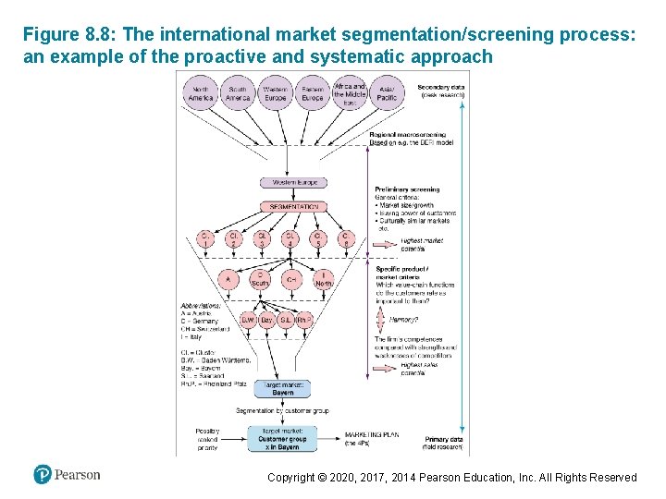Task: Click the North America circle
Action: click(201, 93)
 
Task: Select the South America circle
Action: click(238, 93)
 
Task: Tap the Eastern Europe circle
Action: click(313, 93)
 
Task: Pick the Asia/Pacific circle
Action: click(387, 93)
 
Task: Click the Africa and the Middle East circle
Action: click(350, 93)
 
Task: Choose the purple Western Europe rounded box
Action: click(293, 183)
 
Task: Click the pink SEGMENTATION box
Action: click(293, 207)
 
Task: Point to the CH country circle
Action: click(291, 279)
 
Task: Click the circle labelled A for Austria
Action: click(228, 279)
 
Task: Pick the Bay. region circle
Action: click(266, 320)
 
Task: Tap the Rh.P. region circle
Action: click(302, 320)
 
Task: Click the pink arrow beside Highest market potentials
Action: click(381, 244)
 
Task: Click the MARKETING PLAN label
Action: click(372, 434)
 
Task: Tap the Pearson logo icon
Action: click(42, 474)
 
